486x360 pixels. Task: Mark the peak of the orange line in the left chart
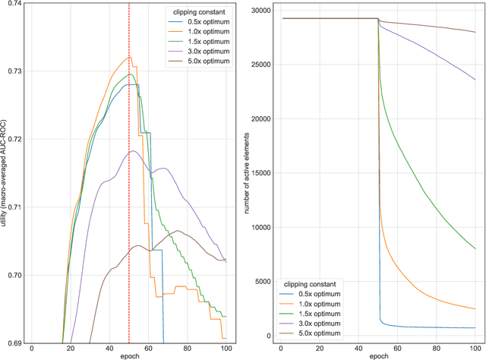129,56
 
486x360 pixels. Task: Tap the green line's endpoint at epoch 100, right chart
475,248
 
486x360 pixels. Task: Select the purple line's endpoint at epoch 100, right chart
475,80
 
